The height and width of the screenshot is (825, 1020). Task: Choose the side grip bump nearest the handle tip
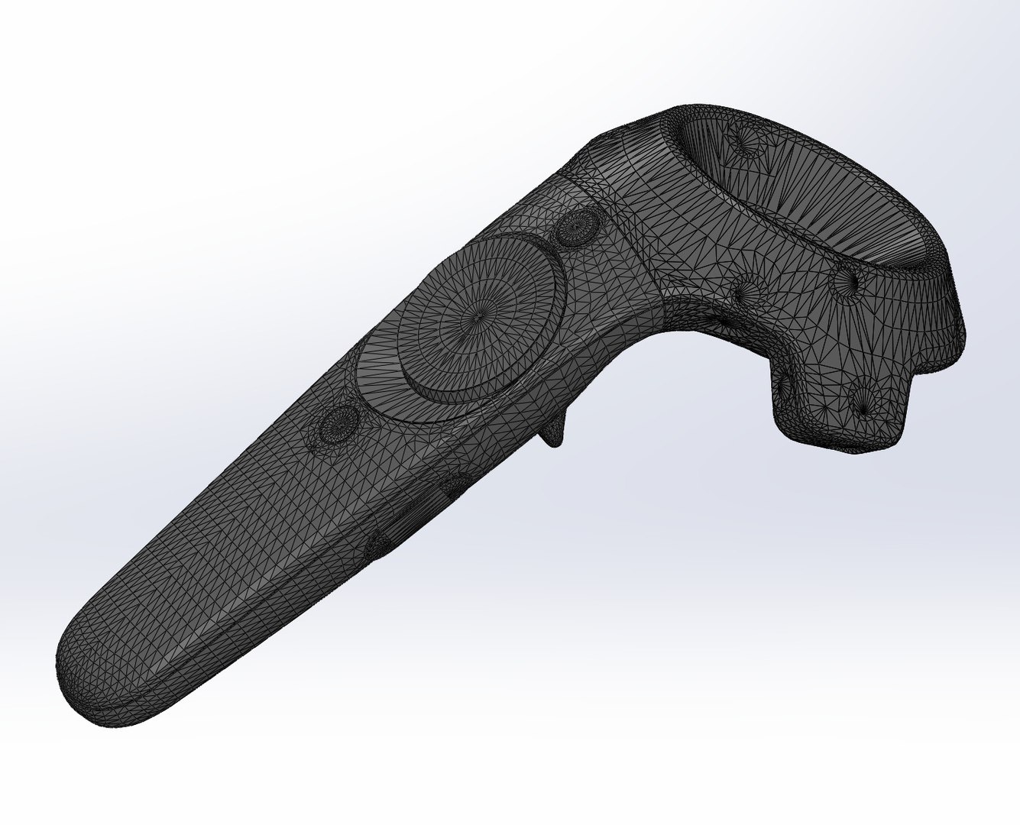pyautogui.click(x=377, y=544)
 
